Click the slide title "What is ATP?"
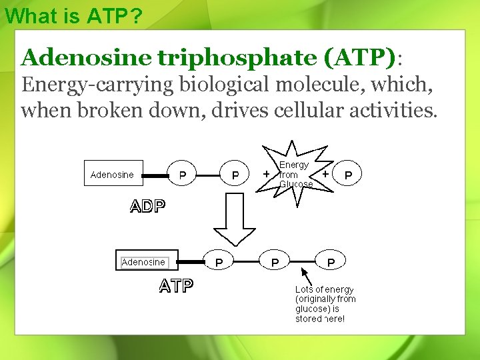click(x=73, y=16)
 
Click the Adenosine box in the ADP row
click(x=112, y=175)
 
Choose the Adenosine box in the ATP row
click(x=143, y=262)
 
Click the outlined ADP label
click(x=147, y=206)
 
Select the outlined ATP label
click(x=176, y=287)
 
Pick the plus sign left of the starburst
click(x=267, y=173)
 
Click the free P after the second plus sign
click(x=347, y=175)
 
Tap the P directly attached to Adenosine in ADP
click(x=182, y=175)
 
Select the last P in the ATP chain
click(x=331, y=263)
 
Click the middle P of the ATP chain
click(x=275, y=263)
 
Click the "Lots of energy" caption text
click(x=325, y=304)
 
